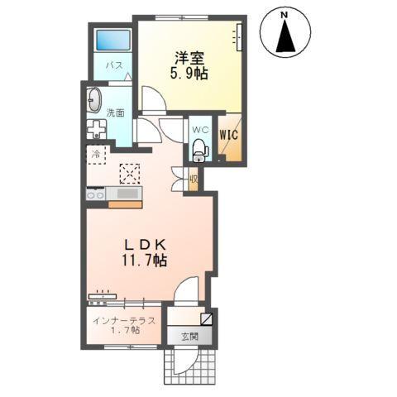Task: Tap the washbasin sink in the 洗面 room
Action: [x=93, y=102]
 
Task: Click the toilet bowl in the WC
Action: [x=198, y=150]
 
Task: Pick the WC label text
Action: [x=198, y=129]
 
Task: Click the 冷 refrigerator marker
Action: [x=96, y=155]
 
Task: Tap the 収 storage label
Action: [x=193, y=178]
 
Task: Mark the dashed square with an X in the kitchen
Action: [x=130, y=173]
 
